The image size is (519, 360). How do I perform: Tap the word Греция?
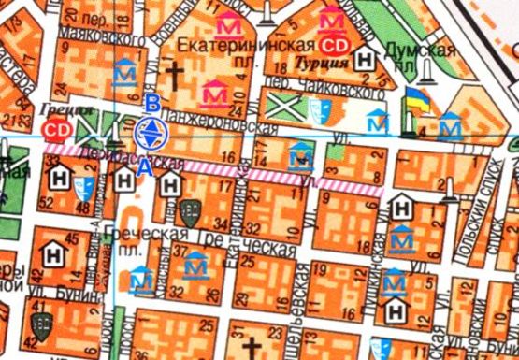click(61, 108)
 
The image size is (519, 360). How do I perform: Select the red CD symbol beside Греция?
click(61, 127)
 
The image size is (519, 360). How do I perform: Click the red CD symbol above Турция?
click(333, 43)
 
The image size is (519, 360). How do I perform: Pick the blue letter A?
click(142, 168)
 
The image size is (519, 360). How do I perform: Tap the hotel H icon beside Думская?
click(368, 59)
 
